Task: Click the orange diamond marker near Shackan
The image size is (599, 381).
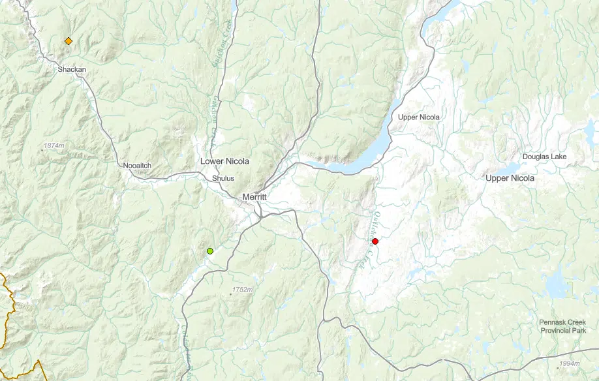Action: (x=69, y=41)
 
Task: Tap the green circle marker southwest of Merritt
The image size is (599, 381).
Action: (x=210, y=251)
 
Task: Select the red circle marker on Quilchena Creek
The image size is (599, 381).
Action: (x=375, y=241)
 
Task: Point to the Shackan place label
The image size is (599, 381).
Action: (x=72, y=69)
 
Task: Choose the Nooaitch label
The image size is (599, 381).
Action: (x=137, y=166)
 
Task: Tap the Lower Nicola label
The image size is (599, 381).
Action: (x=224, y=161)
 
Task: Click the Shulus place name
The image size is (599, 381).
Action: (x=223, y=178)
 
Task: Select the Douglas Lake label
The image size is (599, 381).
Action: (x=545, y=157)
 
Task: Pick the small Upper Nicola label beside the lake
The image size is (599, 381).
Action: (x=419, y=117)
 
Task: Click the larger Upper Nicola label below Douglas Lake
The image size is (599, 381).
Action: (x=510, y=178)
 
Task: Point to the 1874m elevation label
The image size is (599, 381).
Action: (x=55, y=145)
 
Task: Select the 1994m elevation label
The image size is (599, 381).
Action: (x=569, y=363)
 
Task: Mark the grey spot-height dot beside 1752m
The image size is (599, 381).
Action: (x=230, y=294)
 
